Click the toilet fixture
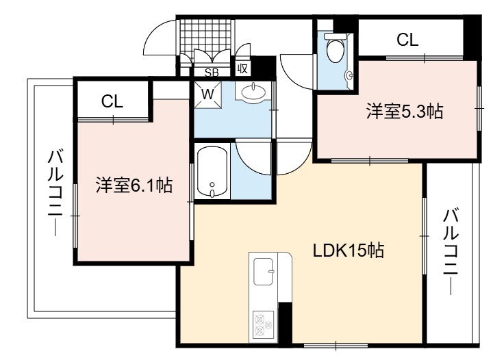click(x=335, y=47)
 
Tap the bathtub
click(x=212, y=172)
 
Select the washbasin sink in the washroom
click(x=253, y=92)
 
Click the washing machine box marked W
click(x=207, y=94)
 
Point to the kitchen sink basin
click(x=263, y=272)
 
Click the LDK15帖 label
click(x=348, y=250)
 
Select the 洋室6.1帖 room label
click(x=134, y=185)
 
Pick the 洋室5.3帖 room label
click(x=405, y=112)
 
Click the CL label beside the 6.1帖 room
click(x=112, y=101)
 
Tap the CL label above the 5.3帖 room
click(x=407, y=40)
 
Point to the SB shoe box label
click(x=212, y=73)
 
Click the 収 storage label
click(x=242, y=68)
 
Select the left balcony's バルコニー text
click(x=55, y=193)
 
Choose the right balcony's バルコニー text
click(x=451, y=252)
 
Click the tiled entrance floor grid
click(x=207, y=37)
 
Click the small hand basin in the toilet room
click(x=349, y=75)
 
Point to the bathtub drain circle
click(x=212, y=184)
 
